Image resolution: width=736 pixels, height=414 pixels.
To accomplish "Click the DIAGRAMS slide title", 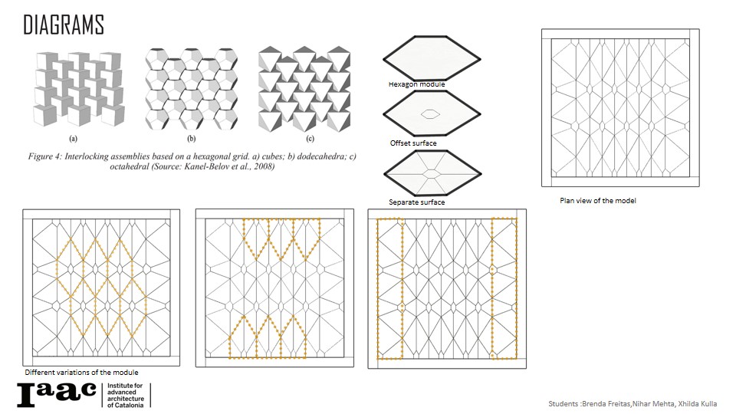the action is tap(64, 25).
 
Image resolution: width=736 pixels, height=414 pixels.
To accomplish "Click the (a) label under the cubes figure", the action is tap(74, 139).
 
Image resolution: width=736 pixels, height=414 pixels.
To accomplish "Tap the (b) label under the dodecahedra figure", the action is tap(192, 139).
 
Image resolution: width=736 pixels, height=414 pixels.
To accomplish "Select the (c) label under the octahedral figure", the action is tap(310, 139).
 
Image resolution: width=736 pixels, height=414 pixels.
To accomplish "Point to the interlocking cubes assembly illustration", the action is tap(79, 89).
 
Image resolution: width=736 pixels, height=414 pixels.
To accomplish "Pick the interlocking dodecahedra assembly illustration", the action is tap(192, 89).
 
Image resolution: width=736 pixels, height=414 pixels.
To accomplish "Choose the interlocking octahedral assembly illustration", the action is tap(304, 89).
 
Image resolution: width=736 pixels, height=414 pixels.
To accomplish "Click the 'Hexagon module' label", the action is tap(417, 84).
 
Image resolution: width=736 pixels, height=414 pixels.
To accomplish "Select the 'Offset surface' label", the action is tap(413, 143).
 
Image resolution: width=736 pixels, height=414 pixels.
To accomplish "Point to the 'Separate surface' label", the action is tap(417, 202).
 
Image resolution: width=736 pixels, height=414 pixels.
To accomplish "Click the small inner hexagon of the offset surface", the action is tap(430, 113).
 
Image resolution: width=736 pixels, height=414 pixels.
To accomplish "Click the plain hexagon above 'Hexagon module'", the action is tap(432, 59).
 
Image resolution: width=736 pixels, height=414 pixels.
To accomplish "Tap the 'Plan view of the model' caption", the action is tap(598, 200).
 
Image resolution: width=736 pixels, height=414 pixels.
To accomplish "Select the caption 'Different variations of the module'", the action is tap(82, 373).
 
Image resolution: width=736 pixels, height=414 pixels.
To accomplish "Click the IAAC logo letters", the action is tap(57, 394).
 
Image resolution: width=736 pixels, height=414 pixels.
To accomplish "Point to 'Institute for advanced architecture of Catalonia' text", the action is tap(125, 396).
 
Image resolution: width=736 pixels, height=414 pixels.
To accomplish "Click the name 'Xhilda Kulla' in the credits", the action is tap(698, 404).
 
